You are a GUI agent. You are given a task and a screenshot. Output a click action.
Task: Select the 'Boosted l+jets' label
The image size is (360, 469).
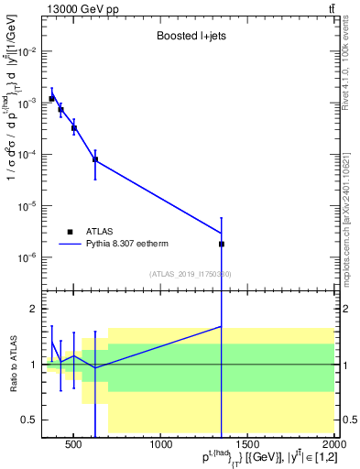(x=191, y=37)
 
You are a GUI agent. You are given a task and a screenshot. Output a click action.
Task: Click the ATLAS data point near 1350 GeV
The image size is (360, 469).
(x=222, y=245)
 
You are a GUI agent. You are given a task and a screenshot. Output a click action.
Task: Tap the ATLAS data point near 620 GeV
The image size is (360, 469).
(x=95, y=159)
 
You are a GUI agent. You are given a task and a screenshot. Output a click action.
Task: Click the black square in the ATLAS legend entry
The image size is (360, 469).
(x=71, y=233)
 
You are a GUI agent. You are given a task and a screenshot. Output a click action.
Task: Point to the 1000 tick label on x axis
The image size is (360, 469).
(x=162, y=446)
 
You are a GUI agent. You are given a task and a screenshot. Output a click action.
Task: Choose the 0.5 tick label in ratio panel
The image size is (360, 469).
(x=27, y=420)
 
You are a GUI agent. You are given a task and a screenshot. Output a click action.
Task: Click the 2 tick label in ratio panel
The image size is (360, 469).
(x=34, y=309)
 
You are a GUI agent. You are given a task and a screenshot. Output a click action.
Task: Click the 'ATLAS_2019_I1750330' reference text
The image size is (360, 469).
(x=190, y=274)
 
